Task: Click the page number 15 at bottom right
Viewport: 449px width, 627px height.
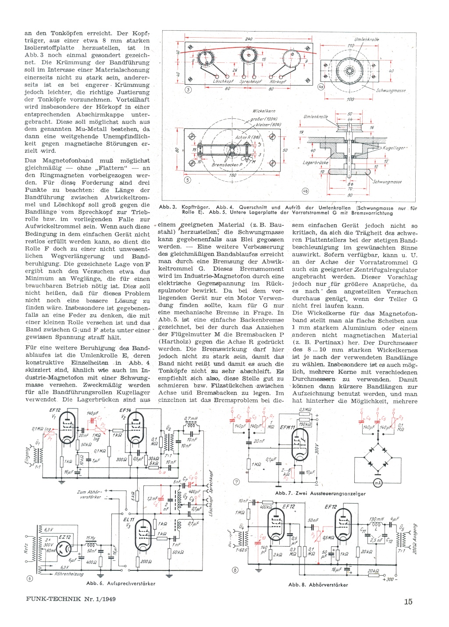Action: [x=408, y=602]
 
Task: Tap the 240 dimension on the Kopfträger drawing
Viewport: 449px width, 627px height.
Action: [x=249, y=39]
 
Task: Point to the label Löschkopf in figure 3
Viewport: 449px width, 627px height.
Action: [x=223, y=82]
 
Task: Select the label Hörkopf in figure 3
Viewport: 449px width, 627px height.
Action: [x=278, y=82]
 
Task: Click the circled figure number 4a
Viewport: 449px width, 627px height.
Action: [x=321, y=87]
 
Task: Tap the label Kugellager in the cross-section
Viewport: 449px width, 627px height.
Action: [x=394, y=148]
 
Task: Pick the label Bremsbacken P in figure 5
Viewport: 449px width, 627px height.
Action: [x=227, y=165]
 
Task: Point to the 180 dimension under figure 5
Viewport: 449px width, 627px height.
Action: [x=232, y=175]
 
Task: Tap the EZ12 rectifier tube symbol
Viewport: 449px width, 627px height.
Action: [x=66, y=549]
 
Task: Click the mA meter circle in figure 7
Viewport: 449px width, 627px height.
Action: [x=377, y=483]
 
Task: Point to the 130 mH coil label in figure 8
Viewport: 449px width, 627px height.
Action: [x=376, y=520]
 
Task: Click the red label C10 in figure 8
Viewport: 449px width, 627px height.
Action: [x=263, y=537]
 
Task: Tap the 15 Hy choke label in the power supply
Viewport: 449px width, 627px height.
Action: [x=90, y=538]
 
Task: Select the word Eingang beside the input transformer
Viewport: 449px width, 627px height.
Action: [x=27, y=455]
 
